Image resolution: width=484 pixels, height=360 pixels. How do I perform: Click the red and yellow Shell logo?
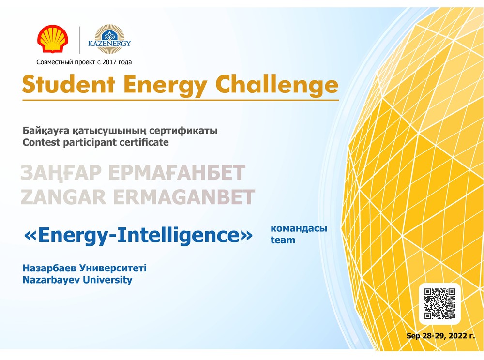(53, 39)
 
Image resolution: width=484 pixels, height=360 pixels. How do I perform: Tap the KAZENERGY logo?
(109, 39)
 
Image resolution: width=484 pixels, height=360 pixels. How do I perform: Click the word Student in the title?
(69, 84)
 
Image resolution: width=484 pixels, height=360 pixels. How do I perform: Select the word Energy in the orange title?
(166, 86)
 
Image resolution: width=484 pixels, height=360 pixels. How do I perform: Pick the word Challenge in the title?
(277, 85)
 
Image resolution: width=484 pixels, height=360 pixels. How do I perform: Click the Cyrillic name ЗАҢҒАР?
(61, 173)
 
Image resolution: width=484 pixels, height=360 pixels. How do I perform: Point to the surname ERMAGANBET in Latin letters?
(184, 197)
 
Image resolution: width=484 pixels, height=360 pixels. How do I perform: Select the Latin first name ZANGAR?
(63, 197)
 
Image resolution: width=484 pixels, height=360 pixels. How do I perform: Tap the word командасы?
(299, 228)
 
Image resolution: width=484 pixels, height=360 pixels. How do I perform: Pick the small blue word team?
(283, 240)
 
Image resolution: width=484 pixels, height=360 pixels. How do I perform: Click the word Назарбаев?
(49, 268)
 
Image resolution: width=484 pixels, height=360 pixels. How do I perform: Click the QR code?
(439, 303)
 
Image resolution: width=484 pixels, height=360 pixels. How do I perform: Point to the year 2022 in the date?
(458, 336)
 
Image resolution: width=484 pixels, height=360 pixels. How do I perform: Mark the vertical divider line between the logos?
(79, 40)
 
